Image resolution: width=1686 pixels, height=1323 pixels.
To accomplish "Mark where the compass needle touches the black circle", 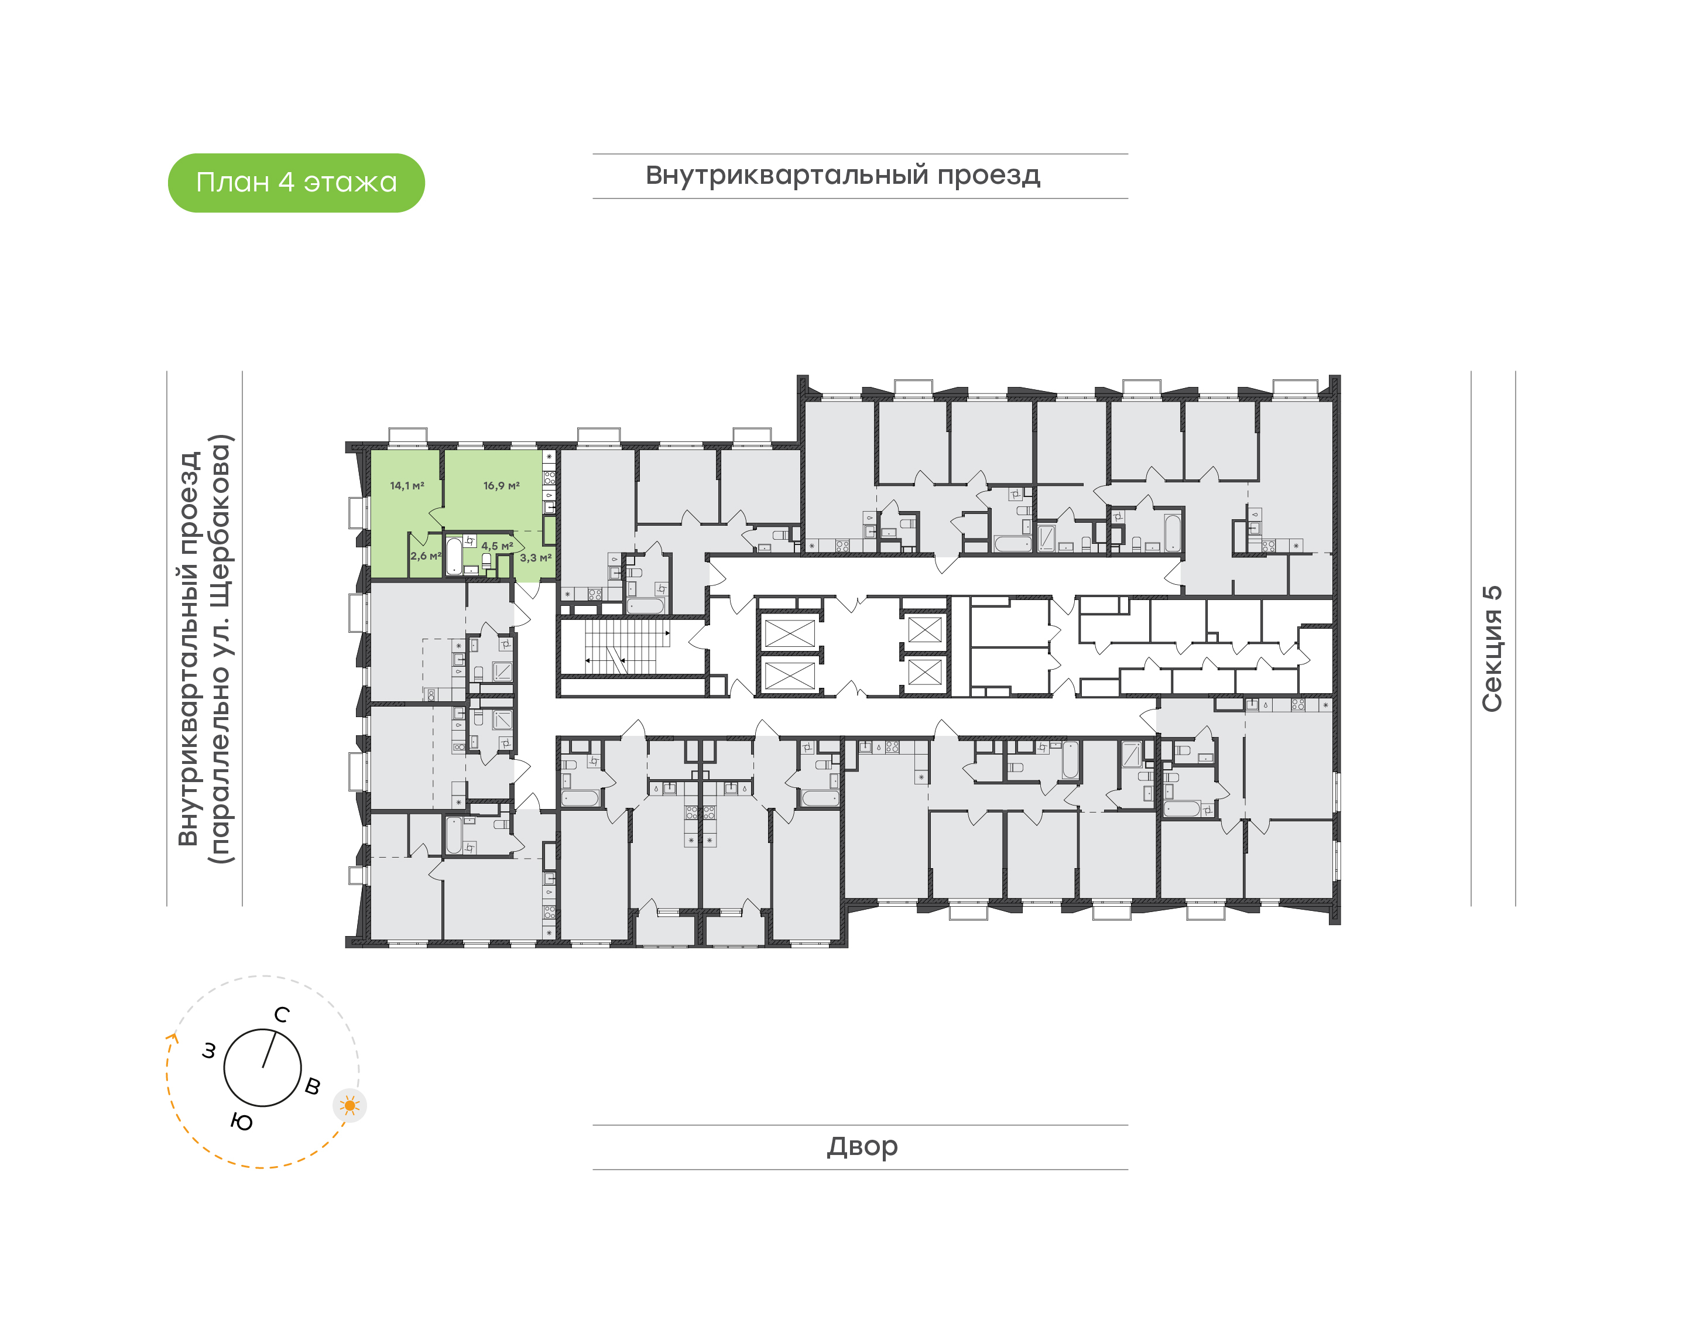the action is coord(276,1031).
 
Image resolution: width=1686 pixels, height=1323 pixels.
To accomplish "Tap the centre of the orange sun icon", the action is coord(350,1105).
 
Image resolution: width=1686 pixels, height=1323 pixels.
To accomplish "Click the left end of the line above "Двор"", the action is coord(593,1125).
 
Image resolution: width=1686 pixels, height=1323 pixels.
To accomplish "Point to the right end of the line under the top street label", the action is coord(1128,198).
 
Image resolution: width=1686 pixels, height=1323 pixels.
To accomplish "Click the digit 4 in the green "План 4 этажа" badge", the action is coord(286,182).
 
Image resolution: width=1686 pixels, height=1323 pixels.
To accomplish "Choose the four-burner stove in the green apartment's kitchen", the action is coord(549,477).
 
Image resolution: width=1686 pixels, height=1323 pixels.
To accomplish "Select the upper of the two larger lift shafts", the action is coord(789,633).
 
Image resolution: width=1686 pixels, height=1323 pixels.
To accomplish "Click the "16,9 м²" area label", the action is coord(501,486).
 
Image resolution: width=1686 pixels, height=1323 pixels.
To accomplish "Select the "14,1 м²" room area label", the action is coord(407,486).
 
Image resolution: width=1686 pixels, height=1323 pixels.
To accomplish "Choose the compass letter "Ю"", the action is coord(242,1122).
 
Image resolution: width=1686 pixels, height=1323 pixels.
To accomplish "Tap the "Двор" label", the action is coord(862,1146).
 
